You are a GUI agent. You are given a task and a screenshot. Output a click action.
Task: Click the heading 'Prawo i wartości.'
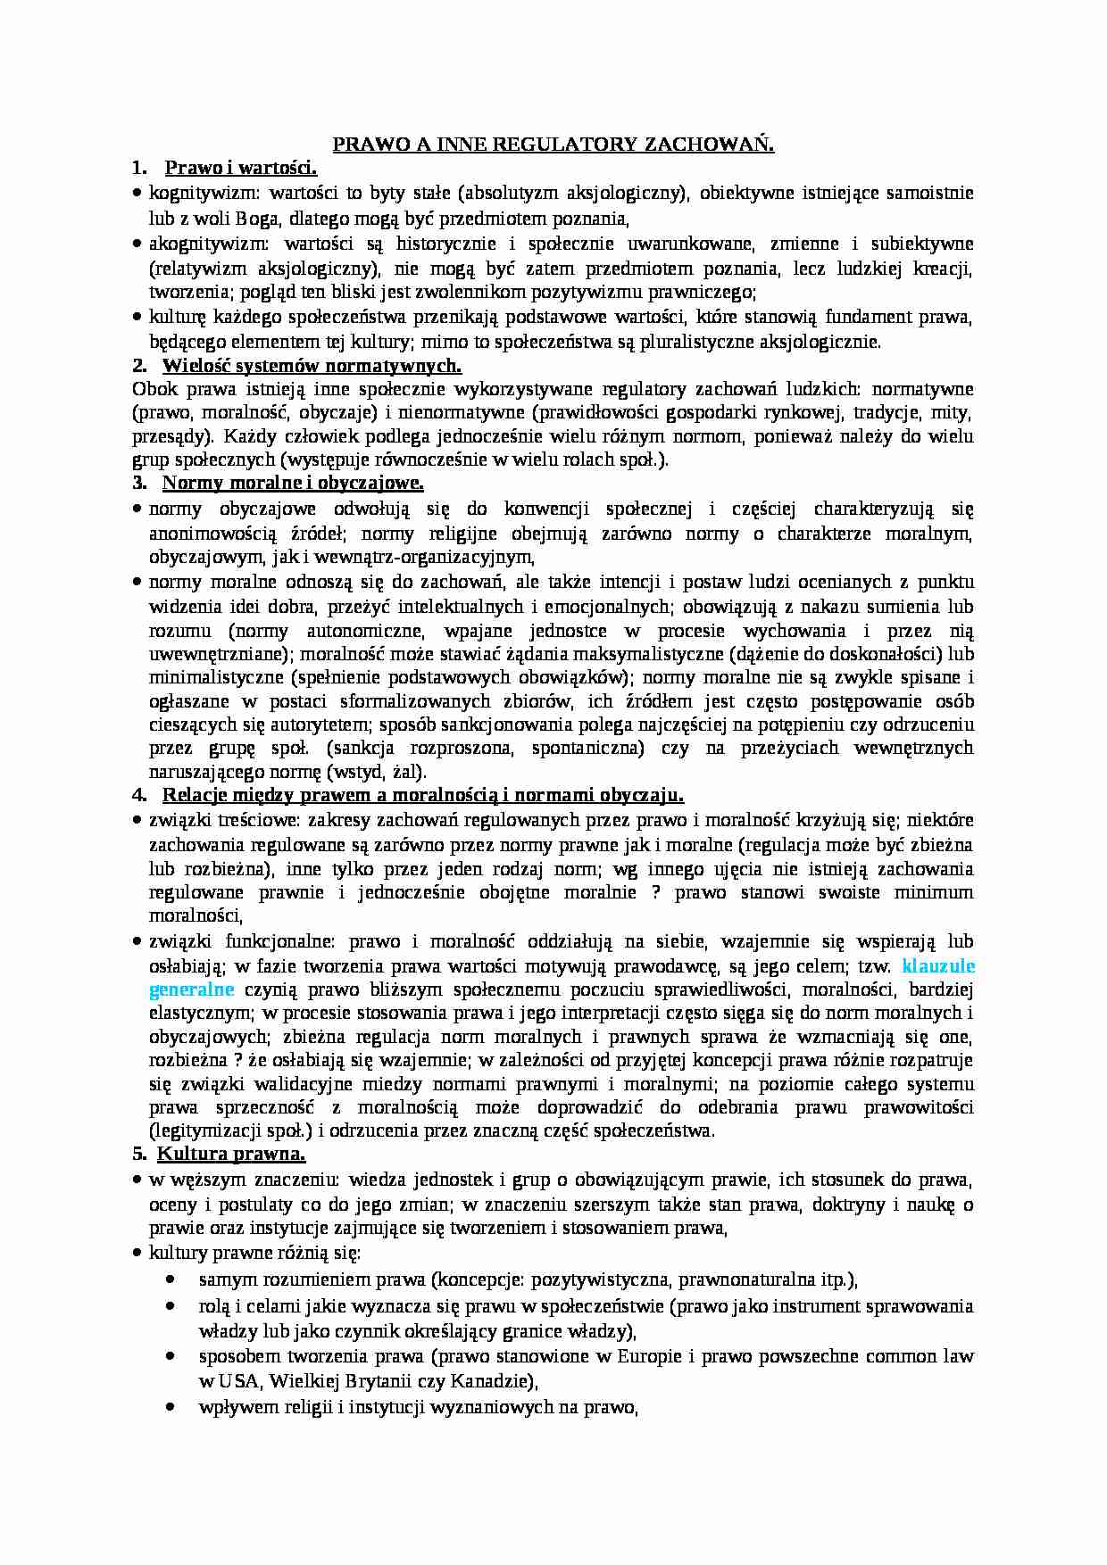pyautogui.click(x=242, y=169)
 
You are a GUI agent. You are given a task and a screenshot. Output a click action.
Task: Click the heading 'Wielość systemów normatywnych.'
pyautogui.click(x=312, y=365)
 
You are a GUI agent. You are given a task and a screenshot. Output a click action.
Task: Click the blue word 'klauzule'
pyautogui.click(x=938, y=965)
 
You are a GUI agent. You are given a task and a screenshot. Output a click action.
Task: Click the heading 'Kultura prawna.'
pyautogui.click(x=232, y=1155)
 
